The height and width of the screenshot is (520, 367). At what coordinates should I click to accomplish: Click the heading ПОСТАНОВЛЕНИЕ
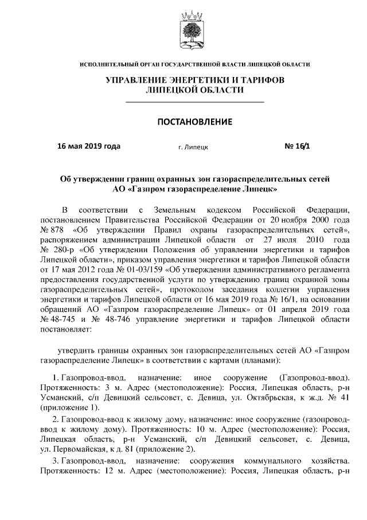tap(194, 122)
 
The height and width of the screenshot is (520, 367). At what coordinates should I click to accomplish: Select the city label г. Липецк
tap(193, 147)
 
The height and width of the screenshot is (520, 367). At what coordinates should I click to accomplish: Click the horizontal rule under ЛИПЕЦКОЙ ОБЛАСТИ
tap(194, 102)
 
